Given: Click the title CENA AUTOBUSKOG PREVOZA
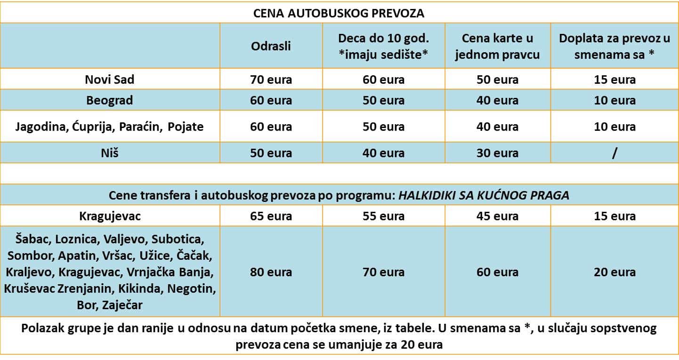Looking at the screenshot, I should tap(339, 13).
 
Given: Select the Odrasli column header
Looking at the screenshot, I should tap(271, 46).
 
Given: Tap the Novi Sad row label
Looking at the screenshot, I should tap(110, 80).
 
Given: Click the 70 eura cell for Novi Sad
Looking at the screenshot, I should tap(271, 80).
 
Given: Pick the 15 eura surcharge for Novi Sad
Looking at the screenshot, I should tap(614, 80).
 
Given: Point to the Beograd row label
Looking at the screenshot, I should tap(110, 100).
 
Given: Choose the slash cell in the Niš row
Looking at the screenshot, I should tap(614, 153).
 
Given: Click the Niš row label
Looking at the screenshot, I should tap(110, 153).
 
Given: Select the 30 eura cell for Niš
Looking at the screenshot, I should tap(497, 153).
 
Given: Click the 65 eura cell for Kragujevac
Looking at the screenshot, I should tap(271, 216).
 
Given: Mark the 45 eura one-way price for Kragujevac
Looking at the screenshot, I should tap(497, 216).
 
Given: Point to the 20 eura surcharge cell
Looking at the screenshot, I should tap(614, 272).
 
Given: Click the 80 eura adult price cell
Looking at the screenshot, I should tap(271, 272).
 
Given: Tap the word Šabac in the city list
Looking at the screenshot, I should tap(29, 239).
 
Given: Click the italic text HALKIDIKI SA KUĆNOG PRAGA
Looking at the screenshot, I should tap(484, 195).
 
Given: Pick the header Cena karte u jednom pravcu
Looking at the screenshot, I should tap(497, 46).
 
